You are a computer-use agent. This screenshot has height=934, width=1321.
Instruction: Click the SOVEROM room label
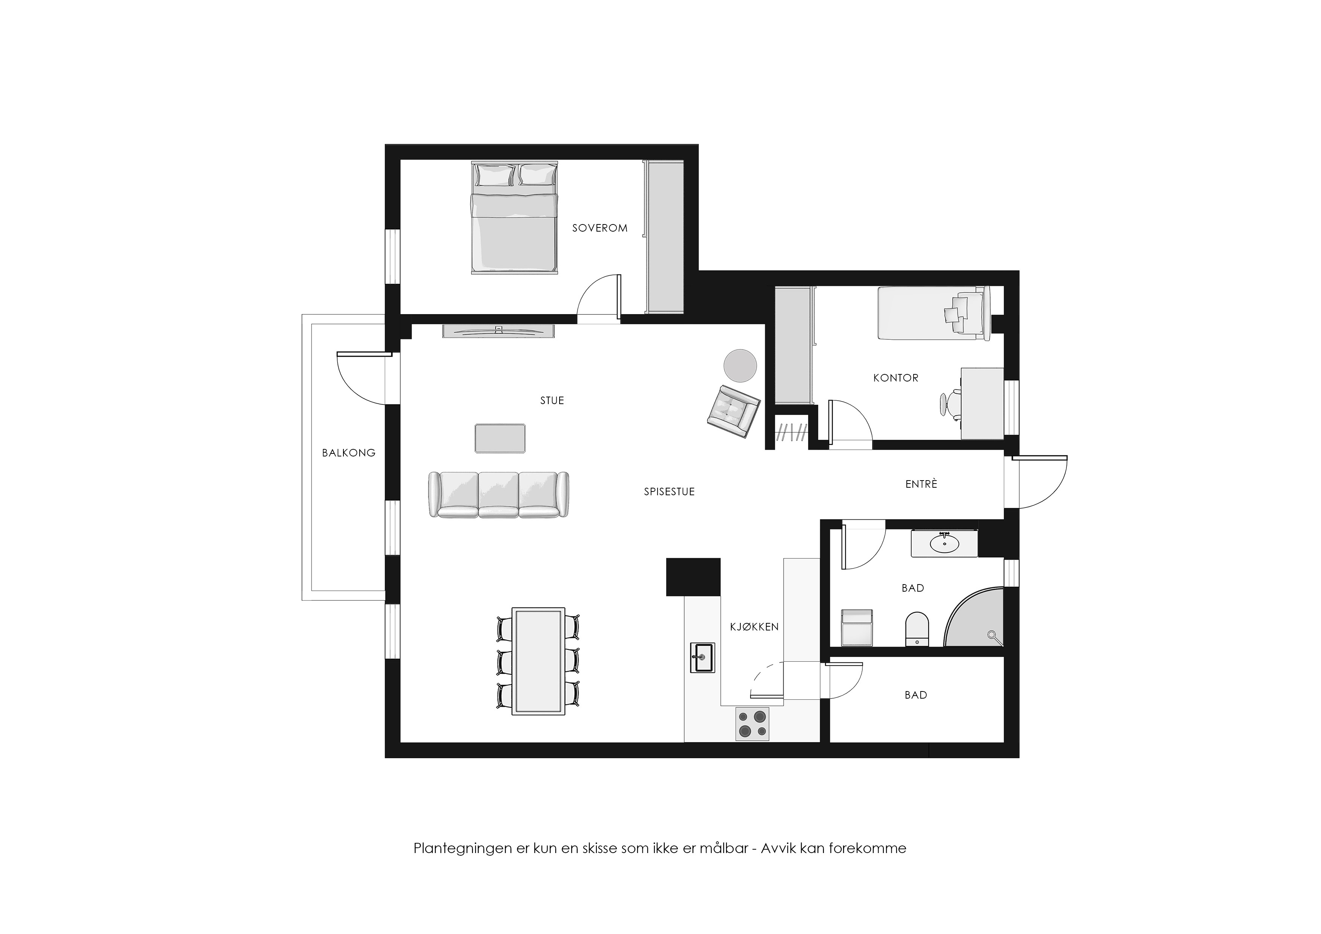pos(599,228)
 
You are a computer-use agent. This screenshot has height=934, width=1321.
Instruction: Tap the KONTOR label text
pos(896,378)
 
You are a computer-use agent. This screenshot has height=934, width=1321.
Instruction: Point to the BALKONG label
pos(349,453)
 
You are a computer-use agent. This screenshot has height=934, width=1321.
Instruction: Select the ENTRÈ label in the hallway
pos(921,484)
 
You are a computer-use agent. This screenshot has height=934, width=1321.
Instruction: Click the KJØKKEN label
pos(754,627)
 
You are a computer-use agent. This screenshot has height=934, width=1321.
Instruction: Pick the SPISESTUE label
pos(669,491)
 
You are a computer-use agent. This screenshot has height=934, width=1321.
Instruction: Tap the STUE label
pos(552,401)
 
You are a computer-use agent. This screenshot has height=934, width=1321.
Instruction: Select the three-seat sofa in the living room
pos(499,495)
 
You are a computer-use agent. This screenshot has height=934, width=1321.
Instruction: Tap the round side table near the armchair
pos(740,365)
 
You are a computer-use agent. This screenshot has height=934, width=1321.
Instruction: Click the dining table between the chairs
pos(538,661)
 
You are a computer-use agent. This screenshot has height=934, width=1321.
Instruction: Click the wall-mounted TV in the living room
pos(498,331)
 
